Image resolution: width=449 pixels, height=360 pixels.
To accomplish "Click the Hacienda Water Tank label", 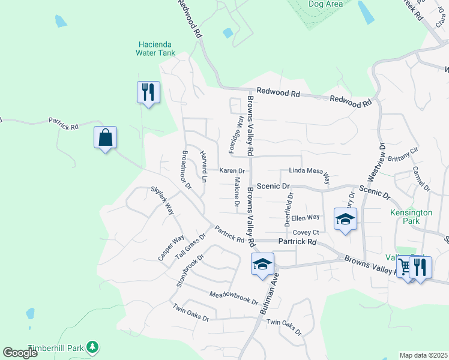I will pyautogui.click(x=157, y=49).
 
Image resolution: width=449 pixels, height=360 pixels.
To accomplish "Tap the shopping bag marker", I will pyautogui.click(x=106, y=137).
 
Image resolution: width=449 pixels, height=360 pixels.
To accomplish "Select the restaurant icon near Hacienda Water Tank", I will pyautogui.click(x=148, y=92).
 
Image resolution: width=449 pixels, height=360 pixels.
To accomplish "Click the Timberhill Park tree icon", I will pyautogui.click(x=92, y=347).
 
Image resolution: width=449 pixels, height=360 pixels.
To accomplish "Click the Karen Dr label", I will pyautogui.click(x=232, y=171).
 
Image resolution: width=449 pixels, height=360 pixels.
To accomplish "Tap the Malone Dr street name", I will pyautogui.click(x=237, y=196).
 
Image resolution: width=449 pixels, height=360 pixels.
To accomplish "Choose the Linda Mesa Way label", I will pyautogui.click(x=310, y=172).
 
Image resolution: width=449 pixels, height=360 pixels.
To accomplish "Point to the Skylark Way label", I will pyautogui.click(x=162, y=200).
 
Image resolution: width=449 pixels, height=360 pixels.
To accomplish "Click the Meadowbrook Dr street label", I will pyautogui.click(x=234, y=298).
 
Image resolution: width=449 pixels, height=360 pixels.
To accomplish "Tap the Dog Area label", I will pyautogui.click(x=325, y=4).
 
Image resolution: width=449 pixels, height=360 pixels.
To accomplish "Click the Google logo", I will pyautogui.click(x=20, y=353).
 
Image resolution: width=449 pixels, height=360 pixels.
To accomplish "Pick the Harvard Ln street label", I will pyautogui.click(x=203, y=166).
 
